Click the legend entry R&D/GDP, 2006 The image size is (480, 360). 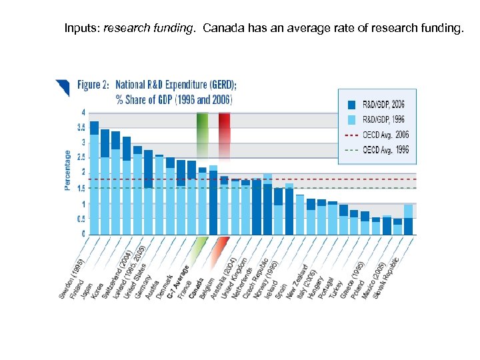(x=377, y=105)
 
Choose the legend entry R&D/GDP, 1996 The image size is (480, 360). (x=377, y=119)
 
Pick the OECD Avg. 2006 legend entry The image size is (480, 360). (x=377, y=135)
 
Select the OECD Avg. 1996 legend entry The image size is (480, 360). (x=377, y=149)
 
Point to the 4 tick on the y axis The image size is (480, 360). (x=83, y=112)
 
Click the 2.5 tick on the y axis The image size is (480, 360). (x=81, y=157)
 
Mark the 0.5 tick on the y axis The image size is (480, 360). (x=81, y=219)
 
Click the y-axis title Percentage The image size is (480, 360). (x=68, y=170)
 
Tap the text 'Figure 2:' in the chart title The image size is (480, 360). (x=93, y=85)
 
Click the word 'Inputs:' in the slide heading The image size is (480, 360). (x=83, y=29)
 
